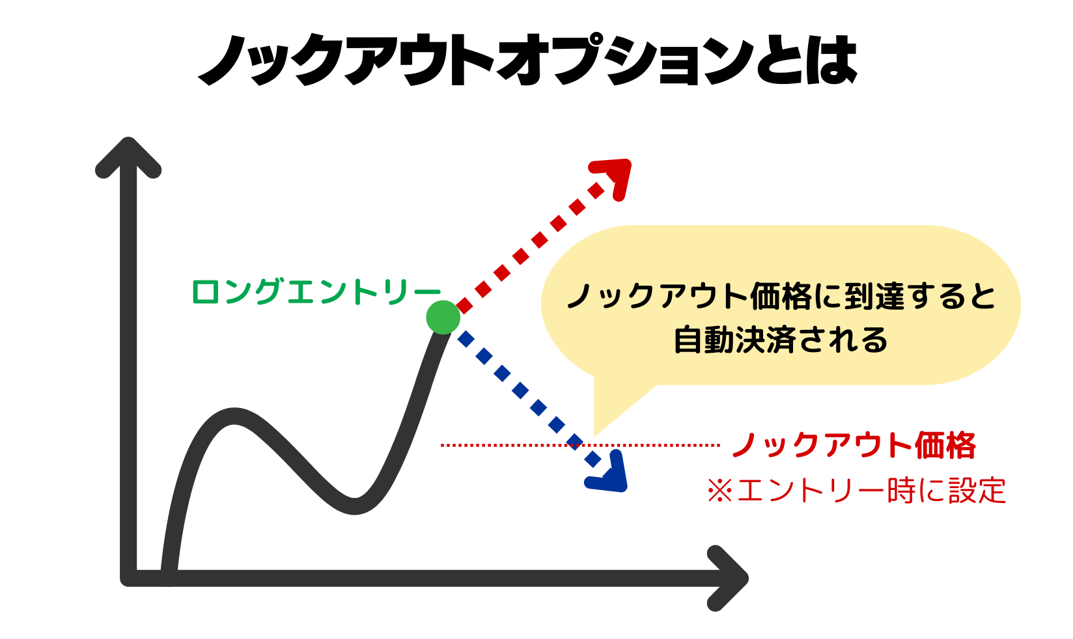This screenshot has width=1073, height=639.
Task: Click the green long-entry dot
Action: pos(443,318)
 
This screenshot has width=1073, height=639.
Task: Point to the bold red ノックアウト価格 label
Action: pos(854,446)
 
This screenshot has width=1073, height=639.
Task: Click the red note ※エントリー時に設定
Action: pos(856,491)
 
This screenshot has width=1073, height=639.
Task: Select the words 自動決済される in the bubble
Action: pos(781,340)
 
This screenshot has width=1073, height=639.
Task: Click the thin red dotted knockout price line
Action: pos(580,445)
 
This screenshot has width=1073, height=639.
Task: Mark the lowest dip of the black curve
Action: pos(354,506)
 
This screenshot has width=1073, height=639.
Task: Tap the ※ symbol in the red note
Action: pos(720,491)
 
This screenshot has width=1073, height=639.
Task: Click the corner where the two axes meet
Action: pos(128,578)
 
